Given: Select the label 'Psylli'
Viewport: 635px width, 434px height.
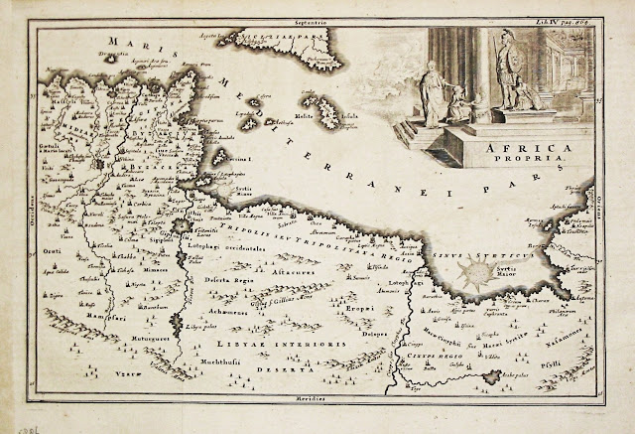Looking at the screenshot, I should (x=578, y=364).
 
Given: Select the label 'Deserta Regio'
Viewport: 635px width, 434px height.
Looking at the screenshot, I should (x=225, y=280).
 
